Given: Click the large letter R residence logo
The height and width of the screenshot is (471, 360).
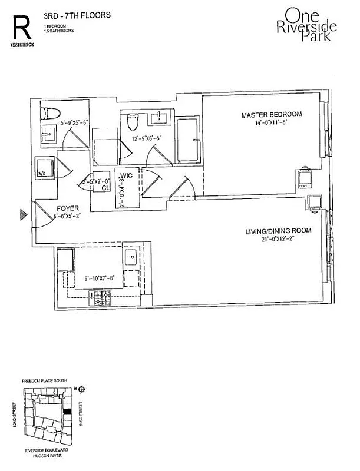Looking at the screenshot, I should pyautogui.click(x=22, y=26).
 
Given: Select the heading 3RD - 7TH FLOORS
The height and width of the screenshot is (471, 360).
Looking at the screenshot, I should pyautogui.click(x=74, y=17).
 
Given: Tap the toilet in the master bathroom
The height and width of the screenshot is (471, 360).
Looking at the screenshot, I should pyautogui.click(x=133, y=121).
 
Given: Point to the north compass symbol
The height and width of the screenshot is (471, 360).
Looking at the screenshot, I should pyautogui.click(x=82, y=388).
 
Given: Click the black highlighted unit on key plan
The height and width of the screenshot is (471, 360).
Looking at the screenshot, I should pyautogui.click(x=68, y=411).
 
